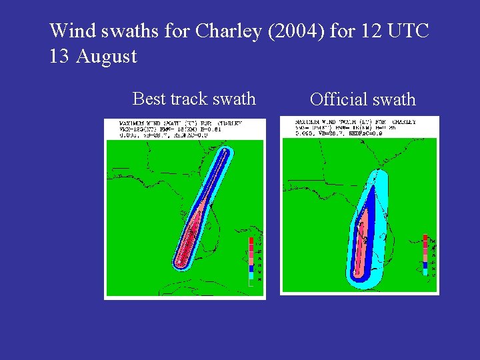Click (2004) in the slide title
point(295,31)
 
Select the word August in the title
point(107,56)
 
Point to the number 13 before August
point(59,56)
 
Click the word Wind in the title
point(70,31)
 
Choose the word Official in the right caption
point(339,100)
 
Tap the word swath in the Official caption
point(394,100)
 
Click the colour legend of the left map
point(251,261)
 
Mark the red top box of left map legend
point(251,241)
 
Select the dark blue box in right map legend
point(425,265)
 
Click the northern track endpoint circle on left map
point(225,153)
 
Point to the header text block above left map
point(180,129)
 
